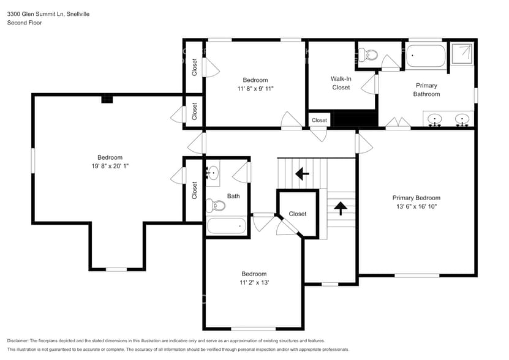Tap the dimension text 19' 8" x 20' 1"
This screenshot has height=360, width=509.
[110, 165]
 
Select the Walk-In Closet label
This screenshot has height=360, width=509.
[341, 83]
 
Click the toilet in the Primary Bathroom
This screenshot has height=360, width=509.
[369, 55]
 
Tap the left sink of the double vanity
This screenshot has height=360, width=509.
[436, 119]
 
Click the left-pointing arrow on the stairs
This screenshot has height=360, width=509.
[302, 174]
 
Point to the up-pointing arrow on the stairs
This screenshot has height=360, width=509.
[339, 208]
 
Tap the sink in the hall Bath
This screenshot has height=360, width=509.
[213, 173]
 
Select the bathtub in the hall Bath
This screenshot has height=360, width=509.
[226, 225]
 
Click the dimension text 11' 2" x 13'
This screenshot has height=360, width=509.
[254, 282]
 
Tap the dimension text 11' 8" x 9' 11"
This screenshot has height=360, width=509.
[255, 89]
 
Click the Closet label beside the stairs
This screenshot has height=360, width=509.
[297, 214]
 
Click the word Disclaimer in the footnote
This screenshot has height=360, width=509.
[18, 340]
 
